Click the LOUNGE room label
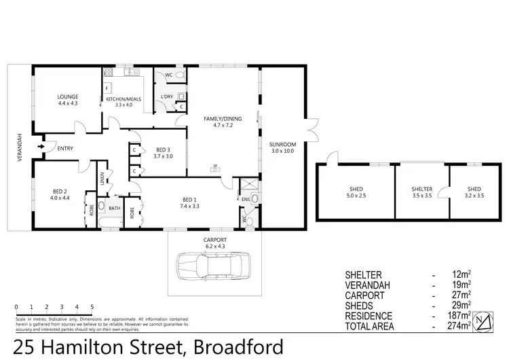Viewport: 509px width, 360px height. coord(68,96)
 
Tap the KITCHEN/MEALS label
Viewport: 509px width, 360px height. coord(123,99)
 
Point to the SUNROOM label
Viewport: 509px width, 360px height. coord(284,145)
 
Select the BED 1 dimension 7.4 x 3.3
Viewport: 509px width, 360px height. coord(189,205)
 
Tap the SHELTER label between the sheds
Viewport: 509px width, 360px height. coord(421,190)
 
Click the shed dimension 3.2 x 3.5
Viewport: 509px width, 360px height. coord(474,195)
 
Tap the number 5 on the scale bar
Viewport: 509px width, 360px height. coord(91,306)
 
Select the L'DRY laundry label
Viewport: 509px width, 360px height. coord(166,97)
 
